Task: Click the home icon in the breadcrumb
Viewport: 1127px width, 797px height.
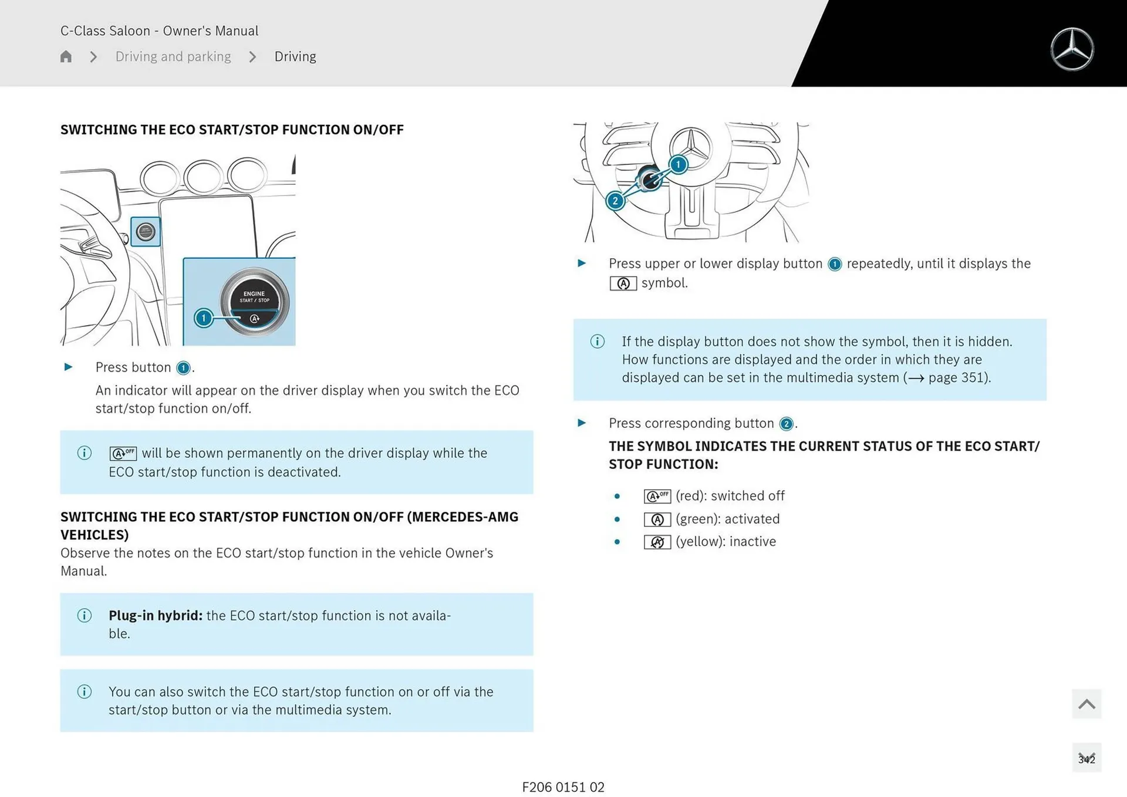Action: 66,56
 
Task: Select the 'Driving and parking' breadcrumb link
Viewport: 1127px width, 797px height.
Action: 173,56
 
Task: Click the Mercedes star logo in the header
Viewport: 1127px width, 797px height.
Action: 1072,49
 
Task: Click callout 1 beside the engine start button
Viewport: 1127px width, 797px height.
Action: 204,318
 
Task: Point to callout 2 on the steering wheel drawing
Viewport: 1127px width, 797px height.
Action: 615,201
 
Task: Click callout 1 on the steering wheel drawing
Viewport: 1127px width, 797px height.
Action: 678,164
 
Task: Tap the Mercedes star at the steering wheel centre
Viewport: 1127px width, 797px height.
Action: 691,147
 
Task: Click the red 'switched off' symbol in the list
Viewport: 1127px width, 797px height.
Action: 657,497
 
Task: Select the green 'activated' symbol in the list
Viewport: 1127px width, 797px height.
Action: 657,519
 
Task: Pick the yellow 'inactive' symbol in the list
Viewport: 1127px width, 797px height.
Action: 657,542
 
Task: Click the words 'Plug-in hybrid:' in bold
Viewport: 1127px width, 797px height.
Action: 156,616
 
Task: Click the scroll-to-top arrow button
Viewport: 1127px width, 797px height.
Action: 1086,704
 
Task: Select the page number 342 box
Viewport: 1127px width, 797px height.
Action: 1086,758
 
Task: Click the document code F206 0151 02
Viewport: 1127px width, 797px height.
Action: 563,787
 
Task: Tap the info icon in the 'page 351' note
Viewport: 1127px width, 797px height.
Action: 597,342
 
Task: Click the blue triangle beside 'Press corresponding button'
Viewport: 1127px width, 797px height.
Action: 582,423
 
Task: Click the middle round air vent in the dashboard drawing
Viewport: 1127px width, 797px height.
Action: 203,176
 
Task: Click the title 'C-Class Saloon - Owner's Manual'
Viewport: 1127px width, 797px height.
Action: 159,31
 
